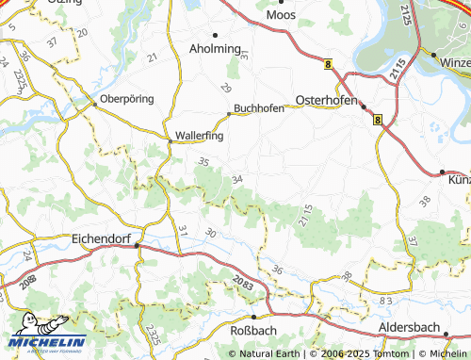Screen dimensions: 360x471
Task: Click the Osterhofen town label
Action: (324, 98)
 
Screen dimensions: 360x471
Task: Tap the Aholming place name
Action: (216, 48)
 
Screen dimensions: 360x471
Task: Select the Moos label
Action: (282, 15)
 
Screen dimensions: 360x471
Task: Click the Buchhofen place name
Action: (259, 107)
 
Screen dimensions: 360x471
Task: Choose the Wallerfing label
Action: (200, 135)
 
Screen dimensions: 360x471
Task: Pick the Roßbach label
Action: (253, 332)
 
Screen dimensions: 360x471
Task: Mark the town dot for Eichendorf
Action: (138, 246)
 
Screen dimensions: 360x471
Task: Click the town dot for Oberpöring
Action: (93, 104)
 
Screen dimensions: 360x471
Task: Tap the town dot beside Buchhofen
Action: (228, 115)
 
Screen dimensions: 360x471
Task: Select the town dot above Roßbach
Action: (253, 317)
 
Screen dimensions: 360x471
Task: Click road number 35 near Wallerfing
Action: (203, 162)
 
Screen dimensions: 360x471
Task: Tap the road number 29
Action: (225, 87)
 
